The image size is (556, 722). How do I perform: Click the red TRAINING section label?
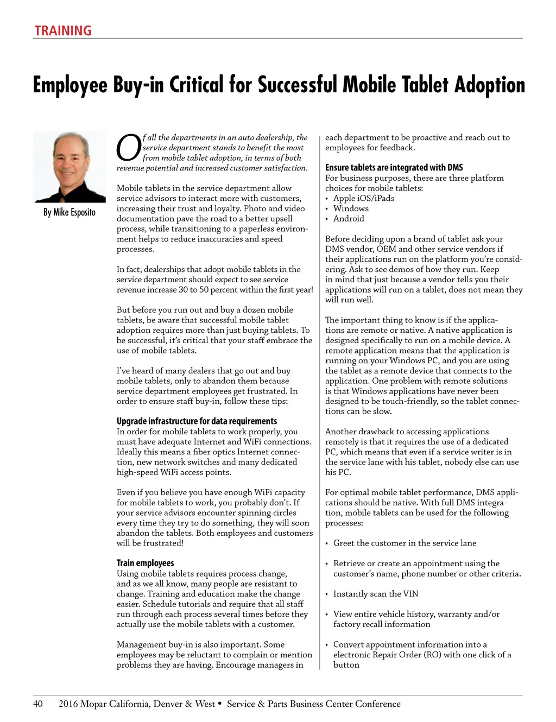click(x=63, y=31)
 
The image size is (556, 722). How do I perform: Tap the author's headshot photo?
click(x=69, y=167)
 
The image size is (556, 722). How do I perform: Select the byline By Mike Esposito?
click(x=69, y=212)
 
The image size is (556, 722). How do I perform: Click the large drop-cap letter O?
click(x=129, y=148)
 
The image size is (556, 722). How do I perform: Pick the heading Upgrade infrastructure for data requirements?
click(x=197, y=421)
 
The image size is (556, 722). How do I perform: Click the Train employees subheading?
click(x=145, y=563)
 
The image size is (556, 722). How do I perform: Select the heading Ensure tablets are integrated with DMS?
click(x=394, y=168)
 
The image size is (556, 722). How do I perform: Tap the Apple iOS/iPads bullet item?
click(x=364, y=198)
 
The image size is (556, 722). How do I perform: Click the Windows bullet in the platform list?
click(x=351, y=208)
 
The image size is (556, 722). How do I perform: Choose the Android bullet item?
click(x=349, y=219)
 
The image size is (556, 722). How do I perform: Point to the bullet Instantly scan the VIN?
click(x=376, y=594)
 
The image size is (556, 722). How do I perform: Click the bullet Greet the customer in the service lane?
click(x=405, y=543)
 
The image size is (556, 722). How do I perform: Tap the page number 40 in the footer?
click(x=38, y=704)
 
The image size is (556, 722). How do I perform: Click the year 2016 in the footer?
click(x=68, y=704)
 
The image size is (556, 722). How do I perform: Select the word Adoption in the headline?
click(x=490, y=85)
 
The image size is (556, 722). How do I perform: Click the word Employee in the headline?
click(x=70, y=85)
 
